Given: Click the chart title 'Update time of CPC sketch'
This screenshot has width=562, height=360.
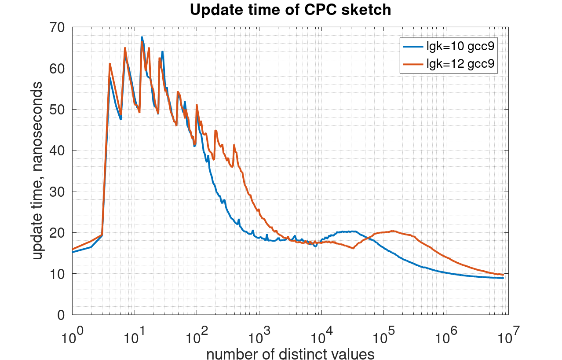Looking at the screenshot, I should (x=290, y=10).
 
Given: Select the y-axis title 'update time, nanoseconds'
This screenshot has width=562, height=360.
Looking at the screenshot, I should (x=38, y=171).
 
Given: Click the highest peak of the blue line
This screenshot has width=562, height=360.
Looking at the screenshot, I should (x=142, y=37).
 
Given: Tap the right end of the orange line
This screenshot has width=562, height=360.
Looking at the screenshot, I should (x=503, y=275).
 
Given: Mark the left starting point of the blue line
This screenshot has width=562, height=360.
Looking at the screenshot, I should (x=73, y=252).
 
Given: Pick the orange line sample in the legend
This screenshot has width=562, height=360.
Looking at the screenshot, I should (x=412, y=64).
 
